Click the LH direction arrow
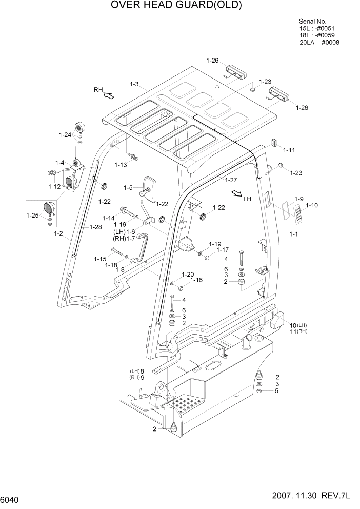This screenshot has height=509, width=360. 237,193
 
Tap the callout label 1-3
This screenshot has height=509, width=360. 134,84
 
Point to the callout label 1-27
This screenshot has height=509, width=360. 230,180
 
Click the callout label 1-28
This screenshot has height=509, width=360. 96,226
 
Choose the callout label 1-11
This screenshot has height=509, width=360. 289,150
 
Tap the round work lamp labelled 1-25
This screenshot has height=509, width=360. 50,208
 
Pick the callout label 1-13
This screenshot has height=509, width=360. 121,165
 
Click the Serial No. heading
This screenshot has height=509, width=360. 312,21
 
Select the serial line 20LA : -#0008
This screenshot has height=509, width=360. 319,43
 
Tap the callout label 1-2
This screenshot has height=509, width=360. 58,233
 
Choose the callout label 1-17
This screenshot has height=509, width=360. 222,250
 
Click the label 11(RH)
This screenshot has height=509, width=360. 298,332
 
